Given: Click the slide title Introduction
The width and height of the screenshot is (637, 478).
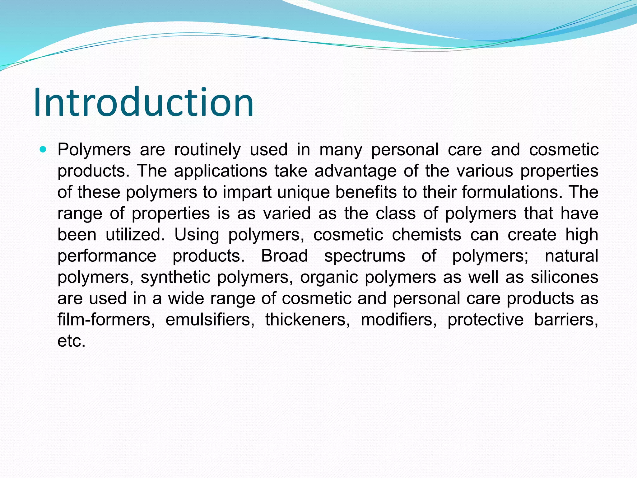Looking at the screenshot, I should (144, 102).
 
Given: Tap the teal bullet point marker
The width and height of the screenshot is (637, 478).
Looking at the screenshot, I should (43, 150).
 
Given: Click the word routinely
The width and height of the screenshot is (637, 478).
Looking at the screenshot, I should (207, 150).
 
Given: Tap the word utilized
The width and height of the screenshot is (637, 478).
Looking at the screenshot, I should (135, 235).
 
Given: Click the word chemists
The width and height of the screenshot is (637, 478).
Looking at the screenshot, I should (426, 235).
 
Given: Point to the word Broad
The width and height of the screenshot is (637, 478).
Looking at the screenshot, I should (284, 256).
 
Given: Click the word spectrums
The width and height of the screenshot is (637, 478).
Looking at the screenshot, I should (365, 256).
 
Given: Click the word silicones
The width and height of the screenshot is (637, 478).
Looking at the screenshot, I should (564, 277).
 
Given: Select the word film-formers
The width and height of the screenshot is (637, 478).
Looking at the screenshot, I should (106, 320).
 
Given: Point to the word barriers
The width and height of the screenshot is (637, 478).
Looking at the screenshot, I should (566, 320).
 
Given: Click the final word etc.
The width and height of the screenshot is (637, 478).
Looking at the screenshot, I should (71, 341).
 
